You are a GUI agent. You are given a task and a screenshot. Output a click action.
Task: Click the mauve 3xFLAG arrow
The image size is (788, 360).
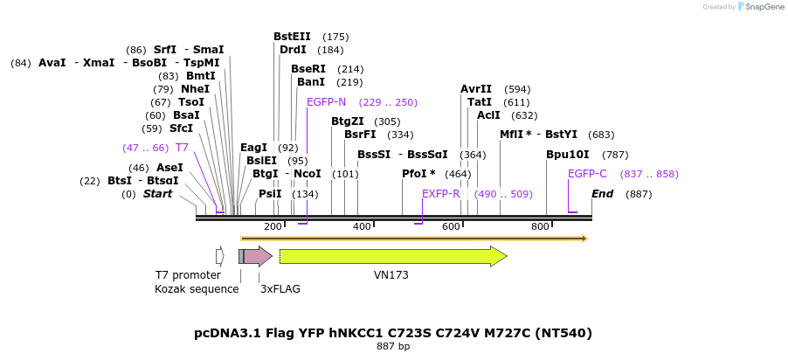258,256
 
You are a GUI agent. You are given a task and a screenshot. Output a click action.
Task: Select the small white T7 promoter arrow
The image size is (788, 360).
220,256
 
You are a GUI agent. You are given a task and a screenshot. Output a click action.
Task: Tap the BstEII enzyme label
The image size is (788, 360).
292,37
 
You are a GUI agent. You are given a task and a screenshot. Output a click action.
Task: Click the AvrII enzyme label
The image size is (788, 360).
476,89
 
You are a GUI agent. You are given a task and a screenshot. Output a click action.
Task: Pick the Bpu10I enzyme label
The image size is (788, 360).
568,155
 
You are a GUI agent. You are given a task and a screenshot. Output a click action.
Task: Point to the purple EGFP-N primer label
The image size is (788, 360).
327,102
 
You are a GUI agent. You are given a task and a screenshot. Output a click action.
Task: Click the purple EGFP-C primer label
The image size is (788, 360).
587,174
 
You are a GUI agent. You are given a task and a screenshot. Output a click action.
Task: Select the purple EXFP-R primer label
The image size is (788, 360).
441,194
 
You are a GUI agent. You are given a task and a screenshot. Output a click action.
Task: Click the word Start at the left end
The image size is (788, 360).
158,194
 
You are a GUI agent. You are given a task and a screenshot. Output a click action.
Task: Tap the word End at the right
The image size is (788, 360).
602,194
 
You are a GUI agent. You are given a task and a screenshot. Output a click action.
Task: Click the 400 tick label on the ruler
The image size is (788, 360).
363,226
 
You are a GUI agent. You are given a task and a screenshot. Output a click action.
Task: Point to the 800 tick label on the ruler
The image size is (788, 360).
540,226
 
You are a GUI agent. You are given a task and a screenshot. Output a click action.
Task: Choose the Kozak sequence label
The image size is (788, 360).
197,288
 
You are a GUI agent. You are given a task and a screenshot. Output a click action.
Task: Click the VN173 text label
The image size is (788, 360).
391,274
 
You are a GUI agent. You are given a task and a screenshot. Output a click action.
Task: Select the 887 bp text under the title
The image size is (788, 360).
393,346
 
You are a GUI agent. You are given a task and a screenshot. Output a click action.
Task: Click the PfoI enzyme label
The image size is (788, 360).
418,174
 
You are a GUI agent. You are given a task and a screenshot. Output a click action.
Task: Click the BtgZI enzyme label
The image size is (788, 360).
348,121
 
